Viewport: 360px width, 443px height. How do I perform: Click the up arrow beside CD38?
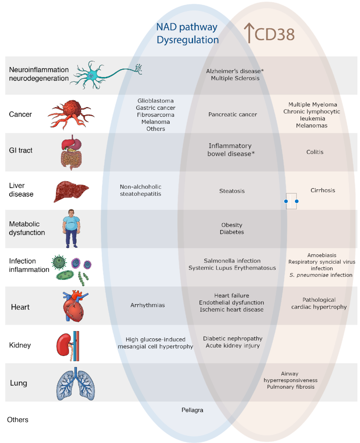[x=249, y=33]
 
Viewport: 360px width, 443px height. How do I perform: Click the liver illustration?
[x=71, y=191]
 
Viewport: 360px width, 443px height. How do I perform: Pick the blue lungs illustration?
[x=75, y=384]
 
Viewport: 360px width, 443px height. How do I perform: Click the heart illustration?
[x=74, y=306]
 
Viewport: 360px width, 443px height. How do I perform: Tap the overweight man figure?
[x=71, y=228]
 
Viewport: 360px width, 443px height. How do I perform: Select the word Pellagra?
[x=192, y=410]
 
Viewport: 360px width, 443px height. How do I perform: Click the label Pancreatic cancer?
[x=233, y=114]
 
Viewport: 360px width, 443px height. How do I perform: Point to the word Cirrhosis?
[x=323, y=190]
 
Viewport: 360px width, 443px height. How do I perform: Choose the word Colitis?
[x=315, y=152]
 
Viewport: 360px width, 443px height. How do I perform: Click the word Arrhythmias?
[x=148, y=305]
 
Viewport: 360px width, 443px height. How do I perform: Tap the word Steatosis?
[x=232, y=191]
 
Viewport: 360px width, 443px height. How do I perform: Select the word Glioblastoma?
[x=155, y=101]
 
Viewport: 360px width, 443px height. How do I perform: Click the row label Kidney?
[x=20, y=345]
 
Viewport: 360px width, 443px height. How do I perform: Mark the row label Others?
[x=18, y=420]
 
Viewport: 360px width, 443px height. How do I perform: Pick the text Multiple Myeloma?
[x=313, y=104]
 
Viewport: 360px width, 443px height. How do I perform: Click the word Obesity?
[x=232, y=225]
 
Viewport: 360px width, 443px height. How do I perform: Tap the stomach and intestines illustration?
[x=71, y=152]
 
